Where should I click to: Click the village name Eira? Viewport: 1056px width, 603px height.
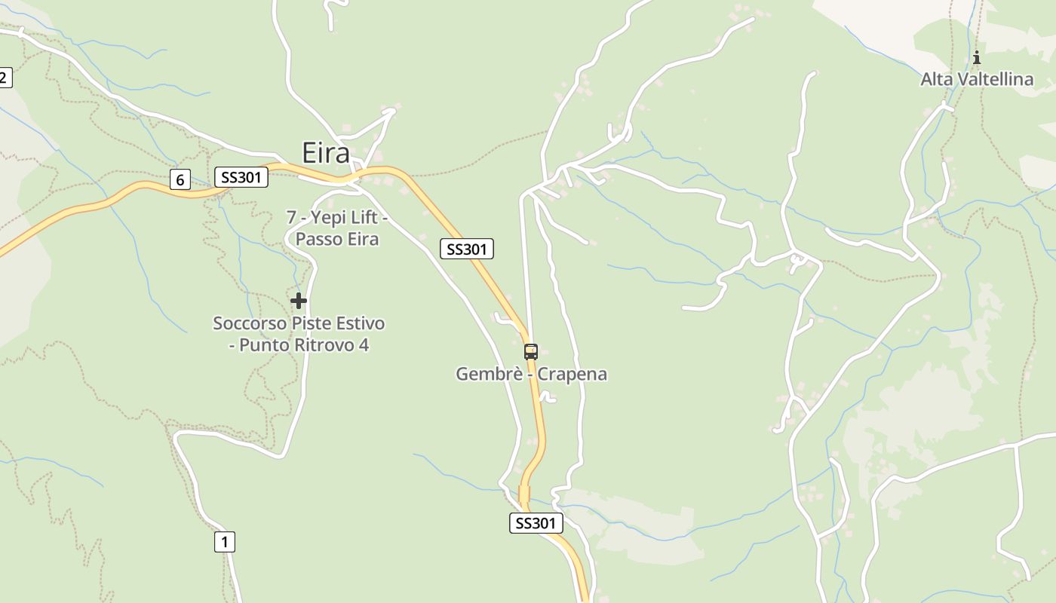(326, 153)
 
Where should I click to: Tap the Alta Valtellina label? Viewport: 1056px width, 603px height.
(977, 79)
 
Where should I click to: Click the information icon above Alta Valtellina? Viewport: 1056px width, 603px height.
(977, 57)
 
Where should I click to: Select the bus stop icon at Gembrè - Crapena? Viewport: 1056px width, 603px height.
(531, 351)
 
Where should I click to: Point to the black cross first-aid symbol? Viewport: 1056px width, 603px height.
(299, 301)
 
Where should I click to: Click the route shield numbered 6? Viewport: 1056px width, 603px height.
(180, 179)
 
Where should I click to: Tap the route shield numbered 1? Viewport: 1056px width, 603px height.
(224, 541)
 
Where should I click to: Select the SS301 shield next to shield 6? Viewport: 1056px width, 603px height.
(241, 177)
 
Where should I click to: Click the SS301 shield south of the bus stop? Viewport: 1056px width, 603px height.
(536, 523)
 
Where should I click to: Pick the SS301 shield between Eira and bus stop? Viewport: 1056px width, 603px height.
(467, 249)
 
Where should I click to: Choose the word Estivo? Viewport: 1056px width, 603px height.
(358, 323)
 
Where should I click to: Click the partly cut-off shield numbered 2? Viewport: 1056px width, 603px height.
(5, 77)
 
